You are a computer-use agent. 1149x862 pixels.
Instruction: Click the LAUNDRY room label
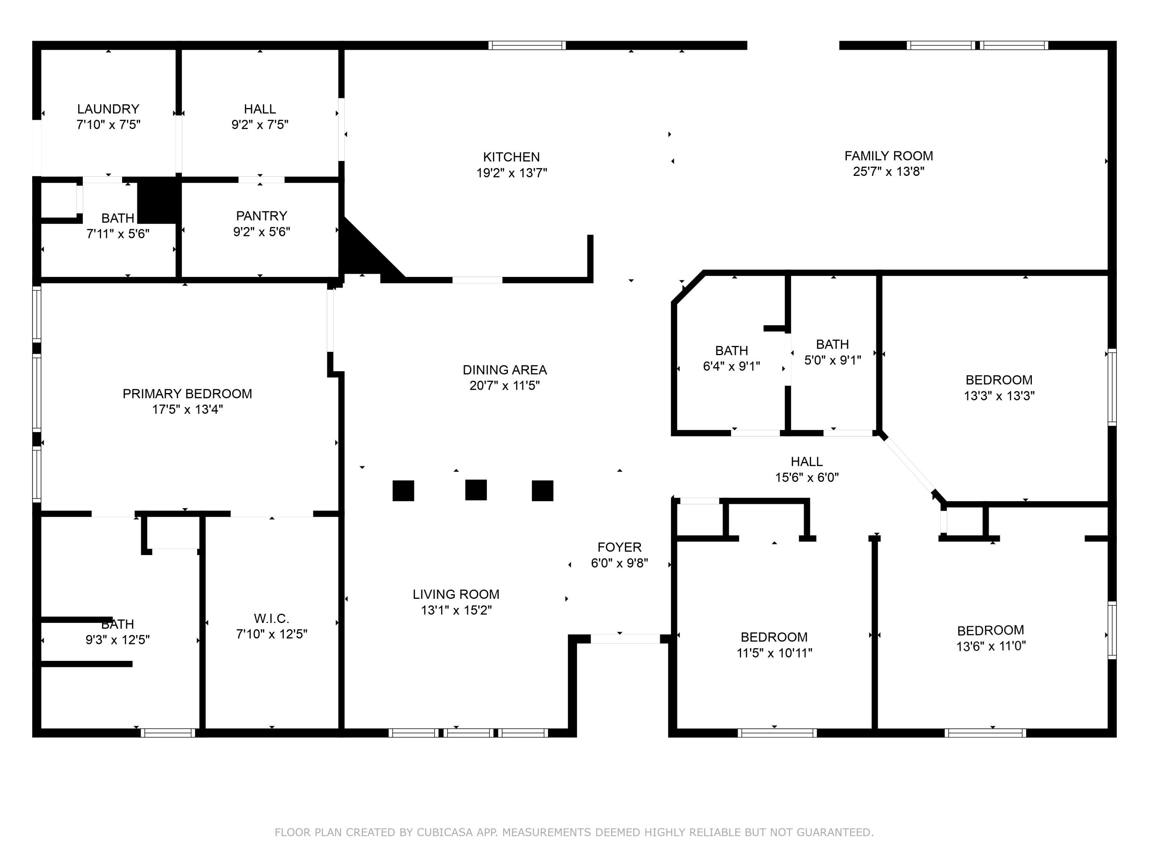coord(108,109)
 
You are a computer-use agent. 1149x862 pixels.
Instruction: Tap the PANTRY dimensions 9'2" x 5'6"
coord(261,232)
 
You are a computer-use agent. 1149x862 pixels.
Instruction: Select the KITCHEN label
coord(511,157)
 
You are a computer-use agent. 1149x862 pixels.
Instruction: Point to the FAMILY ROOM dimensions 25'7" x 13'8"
coord(888,172)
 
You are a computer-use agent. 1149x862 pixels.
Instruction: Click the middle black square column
coord(476,490)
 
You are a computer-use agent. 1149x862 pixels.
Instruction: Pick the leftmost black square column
coord(403,490)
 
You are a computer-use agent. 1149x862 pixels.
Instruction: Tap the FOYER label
coord(619,547)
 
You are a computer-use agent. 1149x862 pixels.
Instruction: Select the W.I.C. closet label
coord(271,618)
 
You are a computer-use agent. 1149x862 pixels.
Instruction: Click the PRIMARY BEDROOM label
coord(187,394)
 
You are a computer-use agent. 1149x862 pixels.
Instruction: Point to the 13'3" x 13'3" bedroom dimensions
coord(999,396)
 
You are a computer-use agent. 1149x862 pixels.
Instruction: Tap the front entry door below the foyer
coord(625,639)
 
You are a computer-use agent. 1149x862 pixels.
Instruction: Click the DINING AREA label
coord(504,370)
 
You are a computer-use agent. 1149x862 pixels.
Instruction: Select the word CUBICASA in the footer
coord(444,833)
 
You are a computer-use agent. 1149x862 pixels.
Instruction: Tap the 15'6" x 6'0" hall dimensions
coord(807,477)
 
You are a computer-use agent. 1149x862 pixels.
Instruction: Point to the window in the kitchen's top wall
coord(527,45)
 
